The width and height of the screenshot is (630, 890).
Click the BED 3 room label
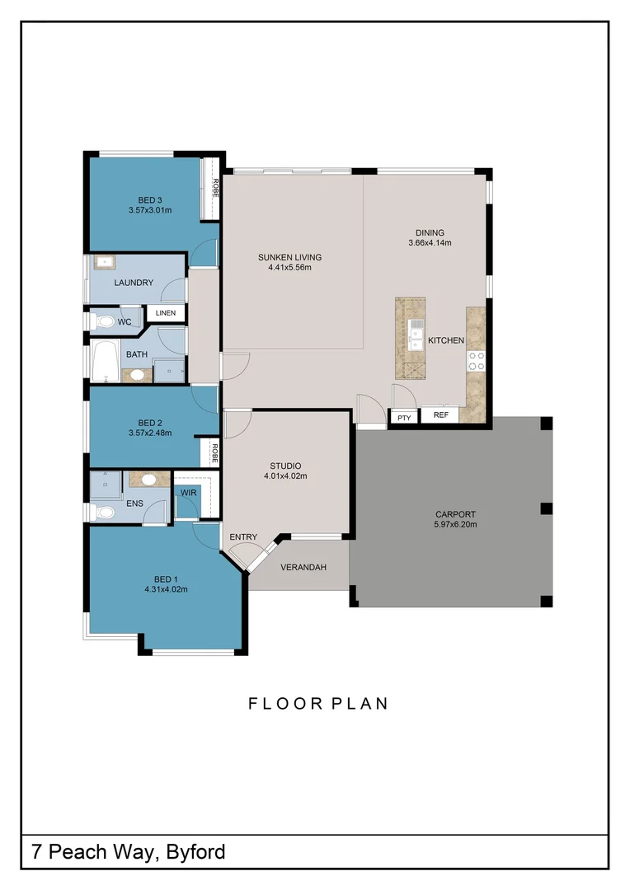150,199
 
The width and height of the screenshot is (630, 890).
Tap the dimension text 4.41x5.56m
289,267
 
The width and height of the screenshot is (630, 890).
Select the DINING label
430,232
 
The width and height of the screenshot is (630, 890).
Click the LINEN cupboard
166,313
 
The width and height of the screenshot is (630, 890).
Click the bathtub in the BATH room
105,361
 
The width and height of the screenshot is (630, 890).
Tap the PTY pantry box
404,417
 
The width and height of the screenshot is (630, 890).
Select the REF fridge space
440,415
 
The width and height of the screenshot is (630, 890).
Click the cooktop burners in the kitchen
476,361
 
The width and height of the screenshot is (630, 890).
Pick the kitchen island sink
416,335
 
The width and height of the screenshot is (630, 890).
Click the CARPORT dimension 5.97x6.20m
456,524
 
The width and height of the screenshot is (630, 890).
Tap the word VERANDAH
303,567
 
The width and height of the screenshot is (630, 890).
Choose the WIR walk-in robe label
189,493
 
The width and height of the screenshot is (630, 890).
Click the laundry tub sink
105,262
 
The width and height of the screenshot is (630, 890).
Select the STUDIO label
286,466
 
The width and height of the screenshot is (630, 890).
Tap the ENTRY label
243,537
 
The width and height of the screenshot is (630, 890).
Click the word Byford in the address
196,853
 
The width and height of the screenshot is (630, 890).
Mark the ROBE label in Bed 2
214,453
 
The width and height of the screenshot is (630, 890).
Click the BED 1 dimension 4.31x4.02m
166,589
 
